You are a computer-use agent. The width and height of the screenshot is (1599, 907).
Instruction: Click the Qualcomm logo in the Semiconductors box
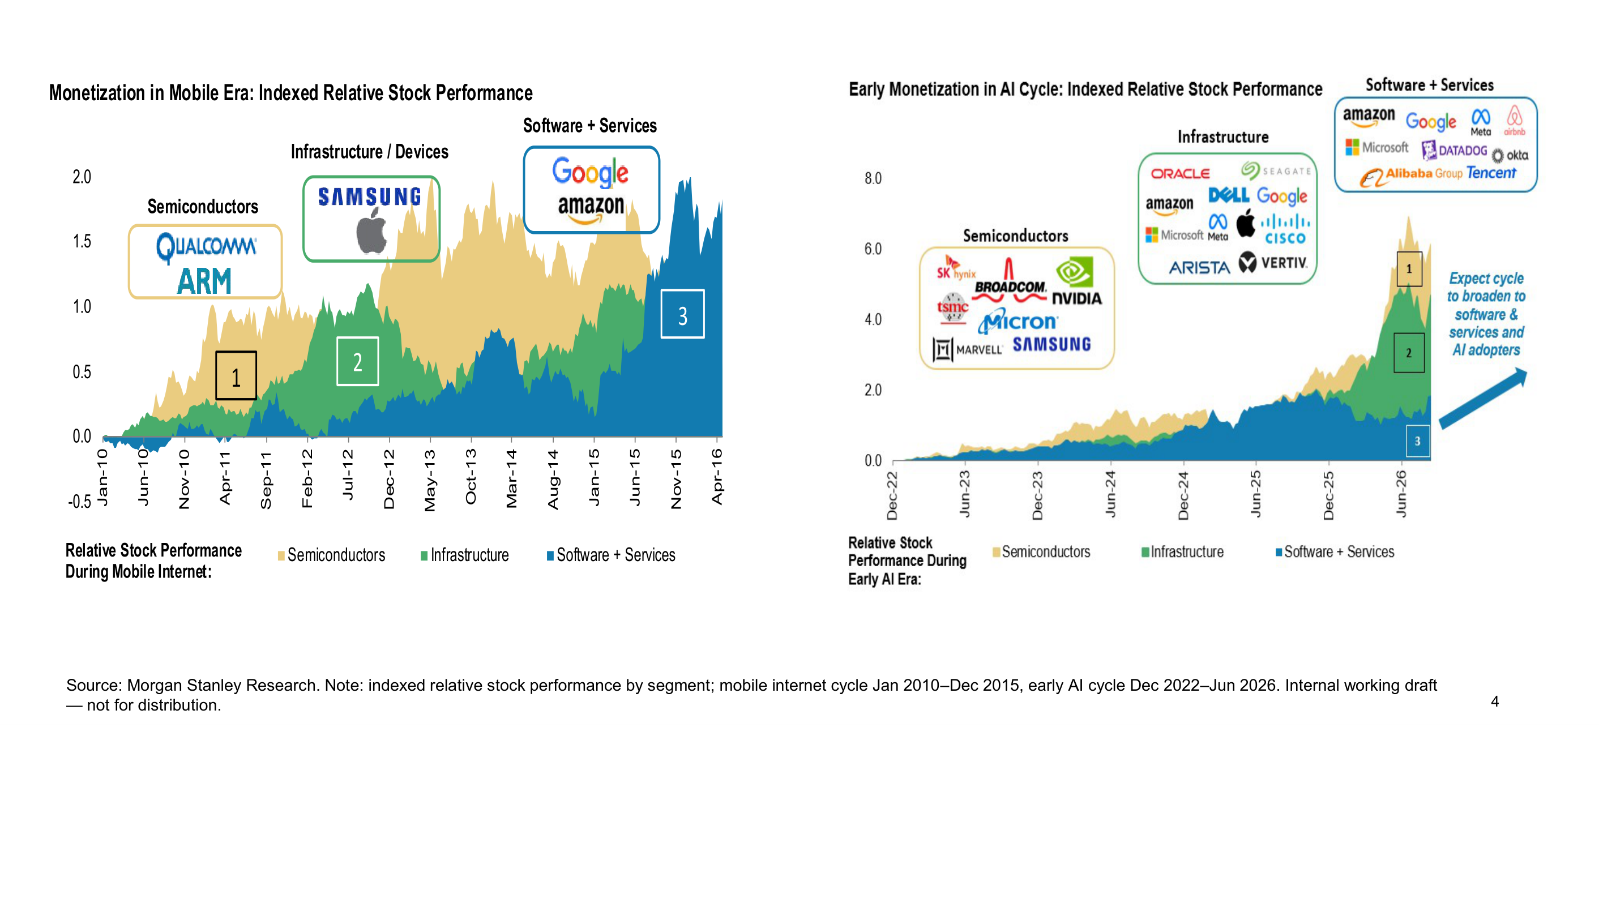click(206, 247)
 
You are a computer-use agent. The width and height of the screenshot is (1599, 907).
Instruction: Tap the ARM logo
click(204, 281)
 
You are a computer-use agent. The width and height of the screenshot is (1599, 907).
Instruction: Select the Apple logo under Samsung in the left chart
click(372, 230)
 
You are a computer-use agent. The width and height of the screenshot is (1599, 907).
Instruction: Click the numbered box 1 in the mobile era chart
click(236, 375)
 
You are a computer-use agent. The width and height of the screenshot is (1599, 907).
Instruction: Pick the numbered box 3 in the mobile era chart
click(683, 315)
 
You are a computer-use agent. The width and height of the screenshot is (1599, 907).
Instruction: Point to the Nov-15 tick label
click(676, 479)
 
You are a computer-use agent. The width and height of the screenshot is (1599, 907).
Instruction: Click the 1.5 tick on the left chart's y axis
click(82, 242)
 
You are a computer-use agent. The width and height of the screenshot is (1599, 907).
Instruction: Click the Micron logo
click(1018, 322)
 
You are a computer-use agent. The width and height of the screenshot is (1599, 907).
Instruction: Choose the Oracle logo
click(1181, 174)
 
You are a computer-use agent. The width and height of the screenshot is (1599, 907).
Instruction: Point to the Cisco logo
click(1285, 230)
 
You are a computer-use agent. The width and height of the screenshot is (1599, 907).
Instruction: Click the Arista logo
click(1200, 268)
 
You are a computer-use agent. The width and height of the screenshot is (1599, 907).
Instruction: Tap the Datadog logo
click(1454, 151)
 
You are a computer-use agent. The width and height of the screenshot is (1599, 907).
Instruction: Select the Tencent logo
click(1491, 173)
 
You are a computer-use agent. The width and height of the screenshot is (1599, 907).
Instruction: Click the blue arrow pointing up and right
click(1483, 399)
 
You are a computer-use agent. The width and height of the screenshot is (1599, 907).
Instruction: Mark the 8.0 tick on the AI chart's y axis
click(873, 179)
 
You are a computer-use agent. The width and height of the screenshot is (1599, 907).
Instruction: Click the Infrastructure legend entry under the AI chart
click(1182, 552)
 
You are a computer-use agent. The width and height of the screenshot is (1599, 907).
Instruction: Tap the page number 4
click(1494, 701)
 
